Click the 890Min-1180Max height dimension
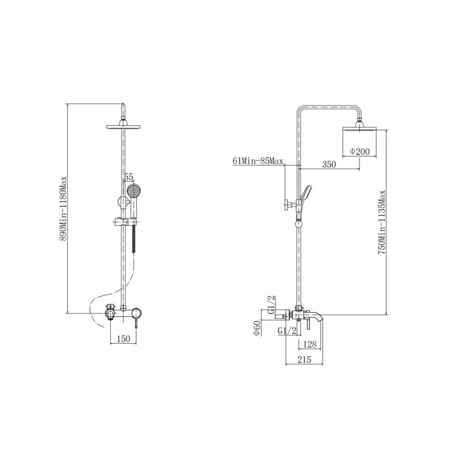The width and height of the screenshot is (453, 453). click(64, 208)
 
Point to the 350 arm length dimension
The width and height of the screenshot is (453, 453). click(329, 164)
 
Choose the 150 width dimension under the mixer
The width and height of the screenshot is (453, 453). click(124, 338)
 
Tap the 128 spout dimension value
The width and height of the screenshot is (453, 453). click(309, 344)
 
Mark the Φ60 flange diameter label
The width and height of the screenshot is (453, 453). click(256, 328)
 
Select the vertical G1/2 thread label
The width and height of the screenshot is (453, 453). click(271, 304)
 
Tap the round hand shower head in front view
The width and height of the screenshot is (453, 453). click(133, 191)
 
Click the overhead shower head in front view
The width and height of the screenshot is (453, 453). click(124, 126)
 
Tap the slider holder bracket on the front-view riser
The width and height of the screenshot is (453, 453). click(124, 222)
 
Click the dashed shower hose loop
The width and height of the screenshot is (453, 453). click(97, 308)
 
